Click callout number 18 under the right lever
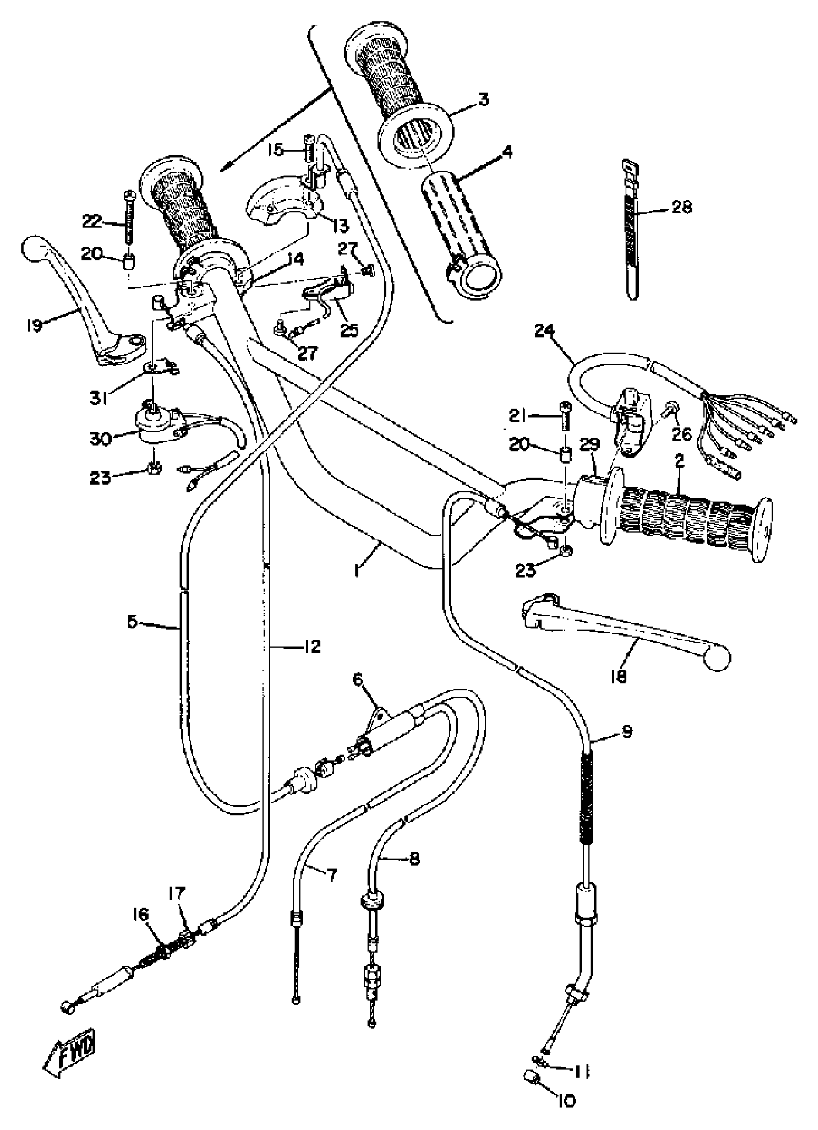618,677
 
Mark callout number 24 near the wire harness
546,331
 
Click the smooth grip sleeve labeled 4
459,229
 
